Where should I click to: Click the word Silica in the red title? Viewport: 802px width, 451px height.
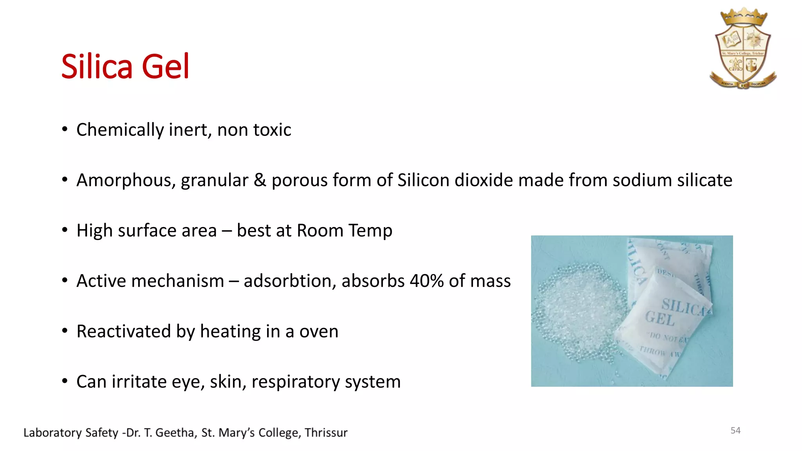pyautogui.click(x=98, y=67)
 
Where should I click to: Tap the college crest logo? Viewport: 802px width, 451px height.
pyautogui.click(x=743, y=49)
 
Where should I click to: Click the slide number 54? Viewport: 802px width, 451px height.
pyautogui.click(x=735, y=431)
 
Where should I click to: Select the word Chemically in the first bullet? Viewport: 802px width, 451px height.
pyautogui.click(x=120, y=130)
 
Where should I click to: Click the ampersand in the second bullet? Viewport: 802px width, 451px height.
pyautogui.click(x=260, y=180)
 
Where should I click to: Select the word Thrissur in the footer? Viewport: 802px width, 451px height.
pyautogui.click(x=326, y=433)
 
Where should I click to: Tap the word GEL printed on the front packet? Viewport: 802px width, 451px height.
pyautogui.click(x=660, y=318)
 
